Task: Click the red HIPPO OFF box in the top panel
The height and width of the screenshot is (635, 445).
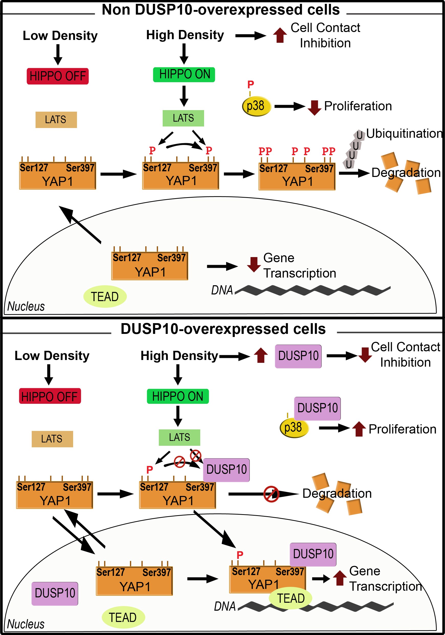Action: (58, 76)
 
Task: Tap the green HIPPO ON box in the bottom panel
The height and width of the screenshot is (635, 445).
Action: (177, 396)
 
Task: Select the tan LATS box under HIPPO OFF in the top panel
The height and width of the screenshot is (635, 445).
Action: (56, 120)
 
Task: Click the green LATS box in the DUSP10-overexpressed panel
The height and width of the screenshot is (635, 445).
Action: (179, 437)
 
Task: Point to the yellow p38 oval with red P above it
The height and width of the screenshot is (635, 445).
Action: (256, 106)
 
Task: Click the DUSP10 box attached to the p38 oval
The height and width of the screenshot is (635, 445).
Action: (317, 408)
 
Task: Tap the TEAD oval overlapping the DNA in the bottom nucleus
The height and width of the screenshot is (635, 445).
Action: (290, 598)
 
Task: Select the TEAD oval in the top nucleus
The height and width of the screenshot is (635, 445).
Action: (105, 297)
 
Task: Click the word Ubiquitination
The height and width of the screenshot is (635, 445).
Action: (404, 134)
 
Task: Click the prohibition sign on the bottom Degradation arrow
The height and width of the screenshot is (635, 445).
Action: (271, 494)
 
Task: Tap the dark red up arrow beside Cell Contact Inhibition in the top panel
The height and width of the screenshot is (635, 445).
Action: (280, 35)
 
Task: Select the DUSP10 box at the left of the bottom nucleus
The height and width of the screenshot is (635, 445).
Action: (55, 594)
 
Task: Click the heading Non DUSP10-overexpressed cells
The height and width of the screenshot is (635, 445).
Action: (220, 10)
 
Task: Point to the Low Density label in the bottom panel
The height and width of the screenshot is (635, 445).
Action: (52, 355)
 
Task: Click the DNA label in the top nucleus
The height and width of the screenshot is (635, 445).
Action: (221, 290)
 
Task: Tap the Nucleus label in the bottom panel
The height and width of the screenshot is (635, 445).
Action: (26, 624)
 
